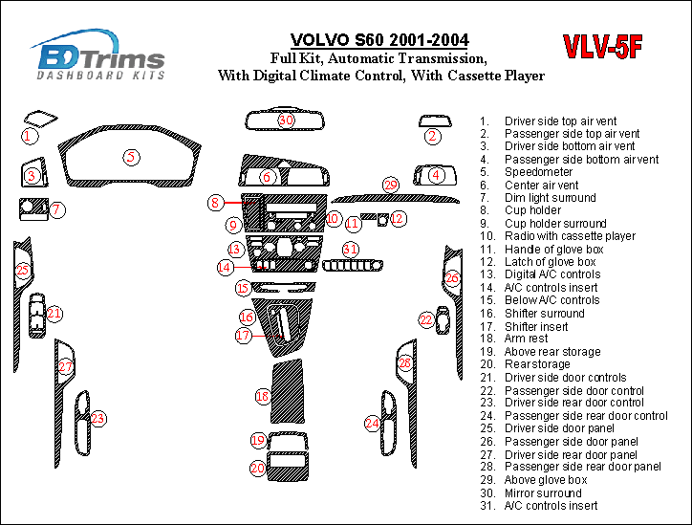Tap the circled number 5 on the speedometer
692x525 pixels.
131,157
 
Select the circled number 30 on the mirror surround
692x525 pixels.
286,120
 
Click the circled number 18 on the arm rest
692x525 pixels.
262,396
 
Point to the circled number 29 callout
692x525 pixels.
390,185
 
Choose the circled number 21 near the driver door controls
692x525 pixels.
54,313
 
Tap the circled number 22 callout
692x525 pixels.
426,319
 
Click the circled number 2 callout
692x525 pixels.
433,137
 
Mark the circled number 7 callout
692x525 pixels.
57,209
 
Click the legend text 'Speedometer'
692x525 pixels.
539,172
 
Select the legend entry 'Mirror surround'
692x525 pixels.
544,492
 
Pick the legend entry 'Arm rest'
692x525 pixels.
527,339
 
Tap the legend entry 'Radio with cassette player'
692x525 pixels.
570,236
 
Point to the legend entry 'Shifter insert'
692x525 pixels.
537,326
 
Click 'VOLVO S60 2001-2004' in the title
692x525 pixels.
378,40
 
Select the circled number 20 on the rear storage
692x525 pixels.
258,468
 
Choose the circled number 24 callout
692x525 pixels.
373,422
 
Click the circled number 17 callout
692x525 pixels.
244,336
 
